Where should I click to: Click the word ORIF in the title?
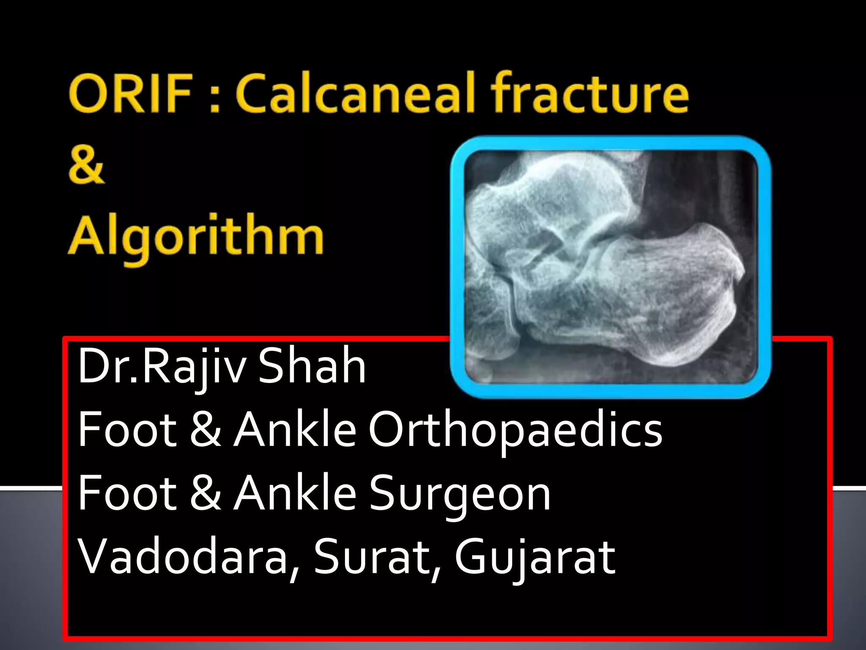coord(130,94)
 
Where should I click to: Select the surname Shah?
coord(312,366)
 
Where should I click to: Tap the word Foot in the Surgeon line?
coord(127,493)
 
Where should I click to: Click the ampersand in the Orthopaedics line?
coord(206,429)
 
